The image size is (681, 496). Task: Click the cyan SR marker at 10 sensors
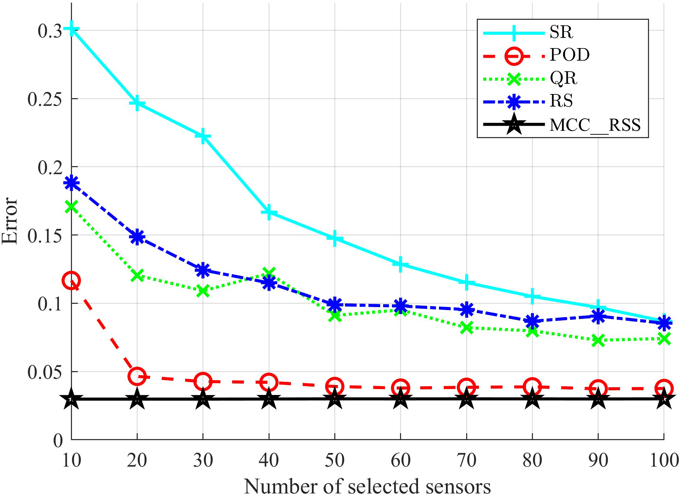tap(71, 29)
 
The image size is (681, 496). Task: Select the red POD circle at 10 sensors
tap(71, 281)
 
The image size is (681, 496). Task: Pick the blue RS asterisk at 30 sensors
tap(203, 270)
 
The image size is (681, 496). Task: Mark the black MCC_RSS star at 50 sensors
tap(335, 399)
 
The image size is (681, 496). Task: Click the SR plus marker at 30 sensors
tap(203, 137)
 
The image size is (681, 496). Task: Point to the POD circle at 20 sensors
tap(137, 376)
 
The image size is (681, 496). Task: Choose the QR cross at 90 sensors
tap(598, 340)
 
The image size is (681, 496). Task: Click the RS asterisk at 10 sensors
tap(71, 183)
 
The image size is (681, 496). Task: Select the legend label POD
tap(569, 55)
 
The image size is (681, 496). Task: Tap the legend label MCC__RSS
tap(595, 125)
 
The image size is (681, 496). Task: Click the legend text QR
tap(563, 78)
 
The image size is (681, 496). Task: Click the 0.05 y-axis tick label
tap(44, 372)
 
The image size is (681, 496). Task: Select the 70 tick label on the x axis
tap(466, 460)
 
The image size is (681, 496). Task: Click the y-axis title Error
tap(10, 220)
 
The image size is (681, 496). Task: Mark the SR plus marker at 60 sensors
tap(400, 264)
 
